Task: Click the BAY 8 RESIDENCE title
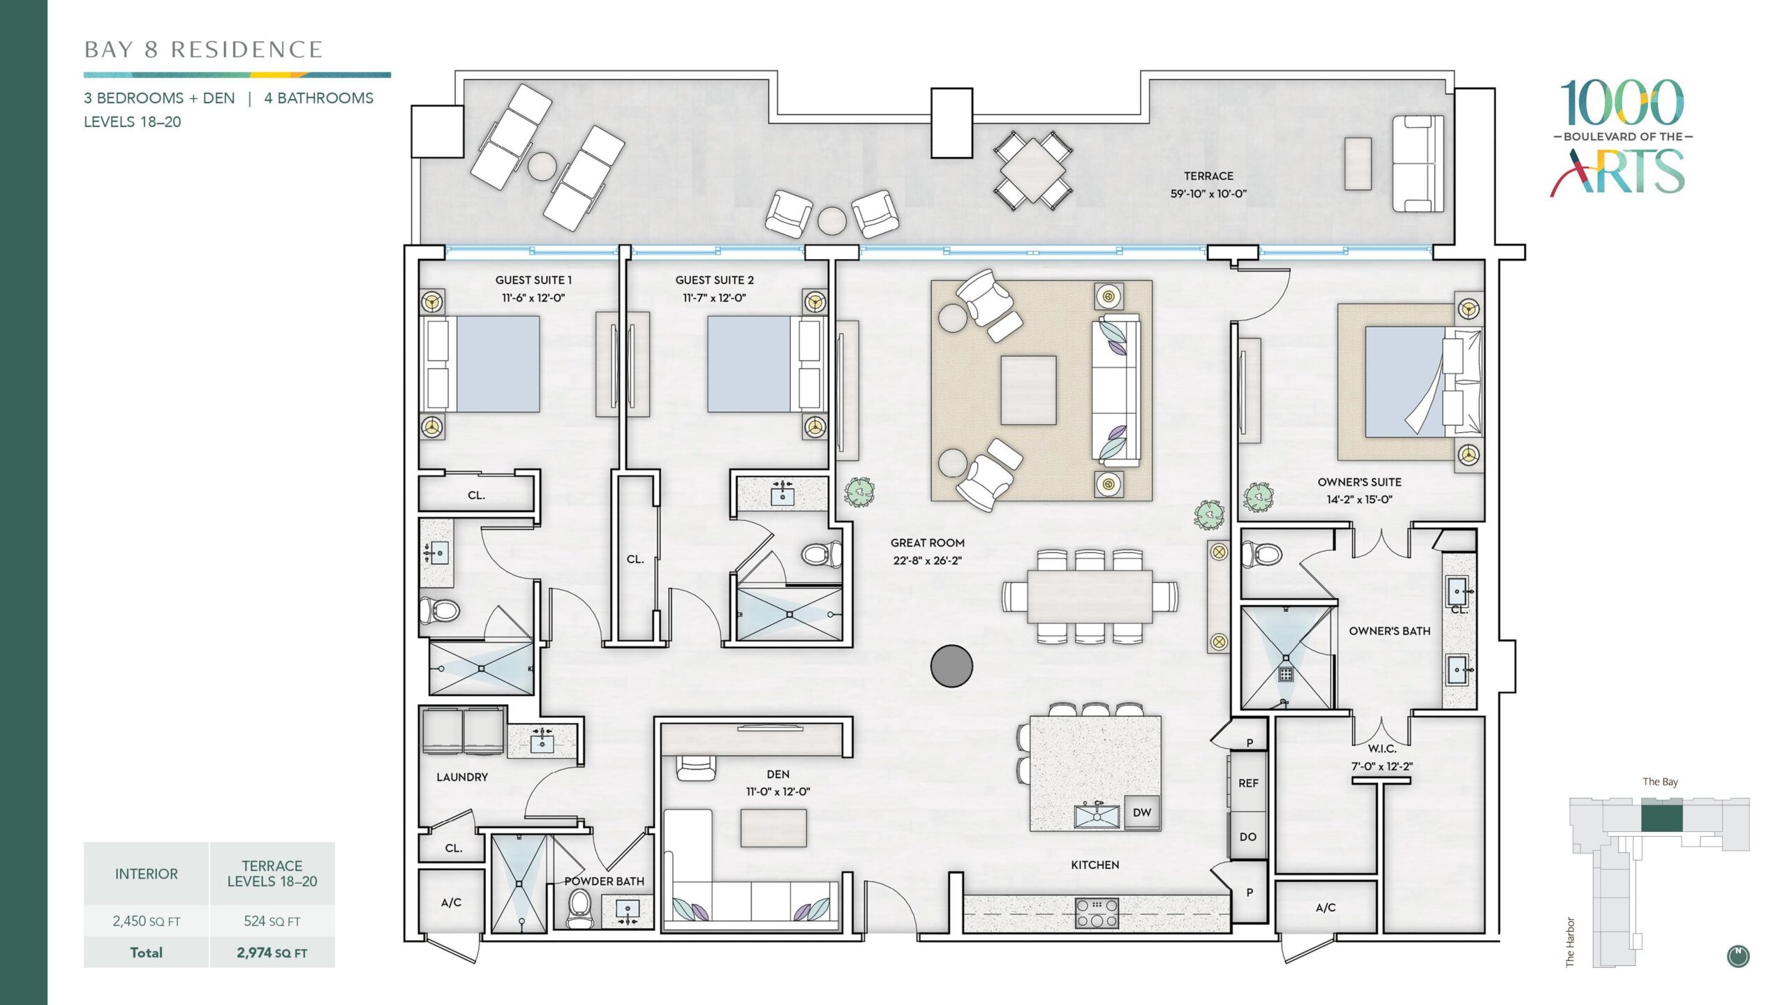coord(203,50)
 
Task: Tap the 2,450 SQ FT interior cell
coord(147,921)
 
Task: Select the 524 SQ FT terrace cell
coord(272,921)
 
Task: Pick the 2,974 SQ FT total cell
coord(272,953)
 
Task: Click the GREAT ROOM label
coord(928,542)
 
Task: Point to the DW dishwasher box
coord(1142,812)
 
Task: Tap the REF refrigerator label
coord(1248,783)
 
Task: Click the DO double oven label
coord(1248,837)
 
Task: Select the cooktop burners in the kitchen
coord(1097,913)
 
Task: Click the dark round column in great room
coord(951,666)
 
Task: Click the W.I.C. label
coord(1382,749)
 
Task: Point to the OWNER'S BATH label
coord(1390,631)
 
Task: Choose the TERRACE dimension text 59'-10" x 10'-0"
coord(1208,194)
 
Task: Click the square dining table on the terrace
coord(1032,170)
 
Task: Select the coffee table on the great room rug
coord(1028,390)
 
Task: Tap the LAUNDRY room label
coord(462,777)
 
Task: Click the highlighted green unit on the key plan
coord(1661,818)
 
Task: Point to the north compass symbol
coord(1738,956)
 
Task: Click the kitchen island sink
coord(1097,815)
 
